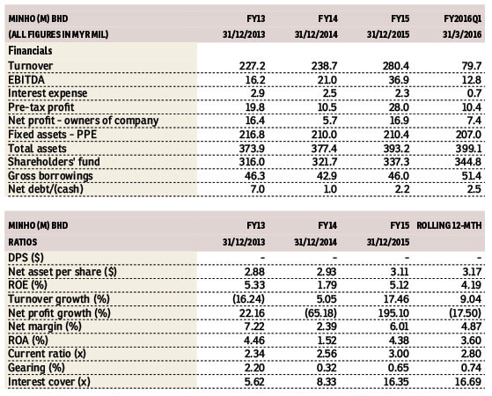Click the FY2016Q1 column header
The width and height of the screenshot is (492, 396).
[x=462, y=18]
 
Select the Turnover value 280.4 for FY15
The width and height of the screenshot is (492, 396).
[x=396, y=66]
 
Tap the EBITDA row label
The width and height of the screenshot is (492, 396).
[x=26, y=80]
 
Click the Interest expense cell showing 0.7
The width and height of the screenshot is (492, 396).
[x=474, y=93]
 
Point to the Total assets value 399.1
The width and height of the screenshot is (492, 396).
[x=468, y=148]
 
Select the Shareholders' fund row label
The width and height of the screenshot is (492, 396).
[x=54, y=162]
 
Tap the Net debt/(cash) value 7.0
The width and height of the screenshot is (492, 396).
[x=257, y=189]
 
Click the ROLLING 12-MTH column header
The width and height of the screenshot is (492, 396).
[x=449, y=225]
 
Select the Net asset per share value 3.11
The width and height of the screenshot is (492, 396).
[x=400, y=271]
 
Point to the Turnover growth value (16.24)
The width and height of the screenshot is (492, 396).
[x=249, y=298]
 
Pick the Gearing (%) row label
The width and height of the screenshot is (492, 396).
[x=36, y=368]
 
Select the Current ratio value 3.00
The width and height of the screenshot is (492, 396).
[x=399, y=354]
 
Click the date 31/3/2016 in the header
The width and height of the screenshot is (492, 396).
[x=462, y=34]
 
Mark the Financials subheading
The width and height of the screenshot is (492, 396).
[x=30, y=50]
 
